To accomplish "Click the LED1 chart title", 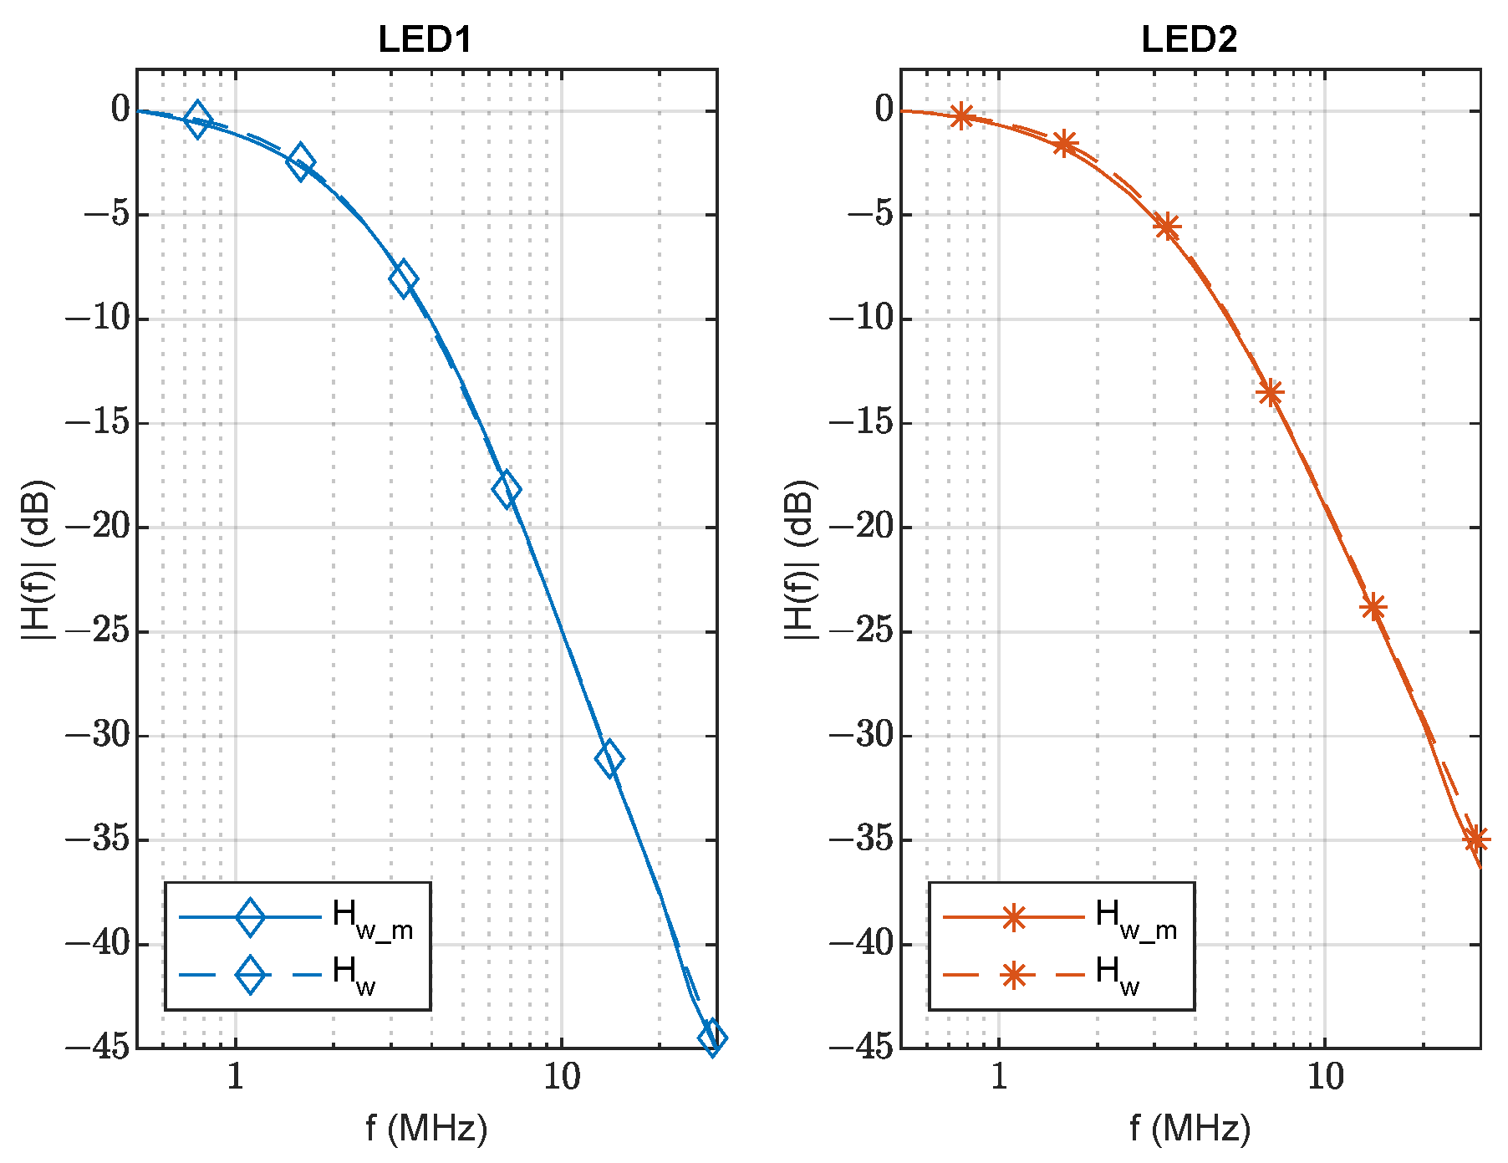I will [425, 39].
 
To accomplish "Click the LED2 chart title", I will [1189, 39].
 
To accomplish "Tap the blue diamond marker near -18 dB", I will [506, 489].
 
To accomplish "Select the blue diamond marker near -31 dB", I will [609, 758].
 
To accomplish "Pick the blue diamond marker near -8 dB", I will [403, 279].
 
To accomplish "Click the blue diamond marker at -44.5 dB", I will [712, 1038].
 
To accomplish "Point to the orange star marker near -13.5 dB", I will [1270, 392].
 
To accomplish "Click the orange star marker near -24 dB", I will [1373, 607].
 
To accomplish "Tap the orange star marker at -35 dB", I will [1475, 839].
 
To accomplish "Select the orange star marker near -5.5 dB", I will [1167, 227].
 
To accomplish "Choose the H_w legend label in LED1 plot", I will [354, 975].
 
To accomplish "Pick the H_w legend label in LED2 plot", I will [1118, 975].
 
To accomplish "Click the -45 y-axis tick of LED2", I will [861, 1047].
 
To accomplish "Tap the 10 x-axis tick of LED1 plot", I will [561, 1078].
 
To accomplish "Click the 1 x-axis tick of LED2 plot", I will [999, 1078].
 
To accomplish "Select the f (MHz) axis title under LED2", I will [1190, 1129].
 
